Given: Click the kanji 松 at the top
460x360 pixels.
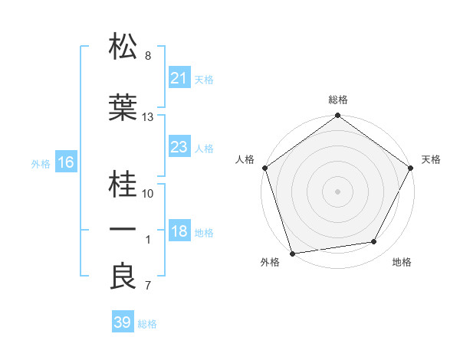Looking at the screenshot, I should (x=123, y=47).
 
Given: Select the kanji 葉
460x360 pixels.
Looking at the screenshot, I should (x=123, y=108).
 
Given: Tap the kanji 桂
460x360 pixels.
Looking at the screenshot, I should (x=123, y=183).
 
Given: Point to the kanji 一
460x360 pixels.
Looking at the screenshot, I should (x=123, y=229).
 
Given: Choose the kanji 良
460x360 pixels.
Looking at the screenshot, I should (x=123, y=277).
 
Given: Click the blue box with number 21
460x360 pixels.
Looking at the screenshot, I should (x=179, y=78).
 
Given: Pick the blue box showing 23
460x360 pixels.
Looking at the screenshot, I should (x=179, y=147).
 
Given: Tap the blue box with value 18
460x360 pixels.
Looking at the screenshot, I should (x=179, y=232).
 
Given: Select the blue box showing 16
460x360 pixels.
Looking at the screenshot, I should (x=65, y=162).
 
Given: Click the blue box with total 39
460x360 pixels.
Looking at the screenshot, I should (x=122, y=322).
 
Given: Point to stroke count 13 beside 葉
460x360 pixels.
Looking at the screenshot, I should (x=148, y=117).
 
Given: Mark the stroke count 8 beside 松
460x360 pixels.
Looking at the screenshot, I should (x=148, y=56).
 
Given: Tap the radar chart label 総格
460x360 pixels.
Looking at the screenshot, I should (x=338, y=100).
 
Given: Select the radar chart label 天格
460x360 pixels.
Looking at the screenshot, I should (x=431, y=159).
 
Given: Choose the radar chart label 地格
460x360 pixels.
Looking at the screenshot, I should (x=402, y=263).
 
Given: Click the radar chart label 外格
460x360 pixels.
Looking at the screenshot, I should (x=270, y=263).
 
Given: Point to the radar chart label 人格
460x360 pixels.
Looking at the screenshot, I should (x=245, y=159).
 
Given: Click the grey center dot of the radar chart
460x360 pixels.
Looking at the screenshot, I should (x=337, y=191).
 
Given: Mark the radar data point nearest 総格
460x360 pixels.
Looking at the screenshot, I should (x=337, y=116).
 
